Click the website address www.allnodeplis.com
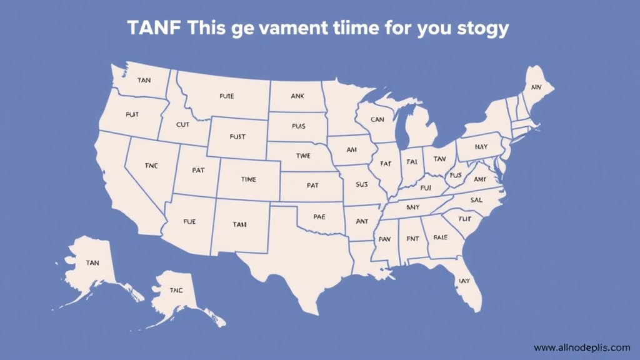(x=582, y=347)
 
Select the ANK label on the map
(x=297, y=96)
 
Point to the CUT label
(x=182, y=124)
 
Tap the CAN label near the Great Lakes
(x=377, y=119)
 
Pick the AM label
(x=351, y=150)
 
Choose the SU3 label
(x=362, y=184)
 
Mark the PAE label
(x=319, y=216)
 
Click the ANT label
(x=362, y=221)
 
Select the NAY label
(x=481, y=147)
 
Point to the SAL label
(x=476, y=200)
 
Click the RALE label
(x=440, y=237)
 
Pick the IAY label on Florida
(x=464, y=281)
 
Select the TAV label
(x=439, y=159)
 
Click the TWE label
(x=302, y=155)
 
